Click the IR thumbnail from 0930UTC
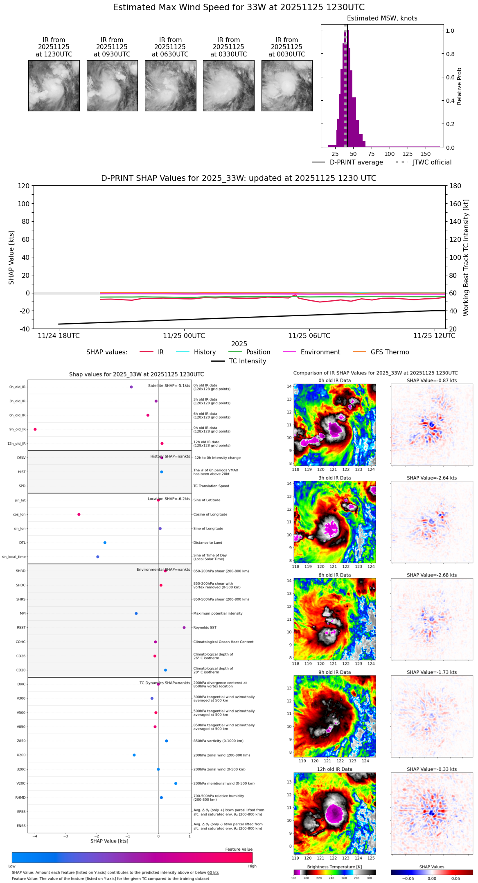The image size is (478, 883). click(112, 86)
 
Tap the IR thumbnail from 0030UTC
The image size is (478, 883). click(287, 86)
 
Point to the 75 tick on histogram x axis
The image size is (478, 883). click(371, 154)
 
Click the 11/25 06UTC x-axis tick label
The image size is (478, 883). click(309, 336)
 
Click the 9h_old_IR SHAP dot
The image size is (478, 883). click(35, 429)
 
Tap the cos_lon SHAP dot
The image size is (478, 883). click(79, 514)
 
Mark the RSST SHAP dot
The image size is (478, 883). click(184, 627)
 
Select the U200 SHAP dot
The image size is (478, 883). click(134, 755)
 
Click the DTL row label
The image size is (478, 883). click(22, 543)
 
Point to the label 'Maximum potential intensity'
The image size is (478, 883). click(218, 613)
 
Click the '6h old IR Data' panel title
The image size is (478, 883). click(334, 575)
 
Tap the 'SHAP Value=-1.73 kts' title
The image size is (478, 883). click(432, 672)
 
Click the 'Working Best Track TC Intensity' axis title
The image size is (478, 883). click(466, 258)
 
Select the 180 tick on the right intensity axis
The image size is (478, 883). click(455, 186)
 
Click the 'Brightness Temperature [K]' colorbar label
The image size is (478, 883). click(334, 867)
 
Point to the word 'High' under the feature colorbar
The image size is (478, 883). click(252, 866)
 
